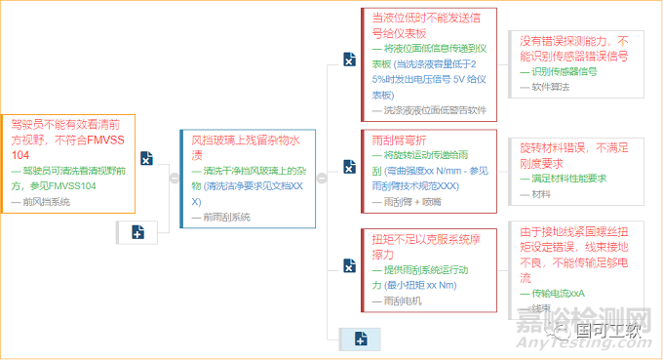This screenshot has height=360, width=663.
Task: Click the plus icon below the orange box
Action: click(137, 232)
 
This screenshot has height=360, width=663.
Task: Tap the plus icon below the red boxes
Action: click(361, 339)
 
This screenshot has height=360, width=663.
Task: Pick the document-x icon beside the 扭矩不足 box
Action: click(349, 265)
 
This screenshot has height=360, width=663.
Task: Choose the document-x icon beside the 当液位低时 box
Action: click(349, 60)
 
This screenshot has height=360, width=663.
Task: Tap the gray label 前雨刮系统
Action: click(227, 217)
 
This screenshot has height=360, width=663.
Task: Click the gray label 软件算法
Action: click(551, 87)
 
